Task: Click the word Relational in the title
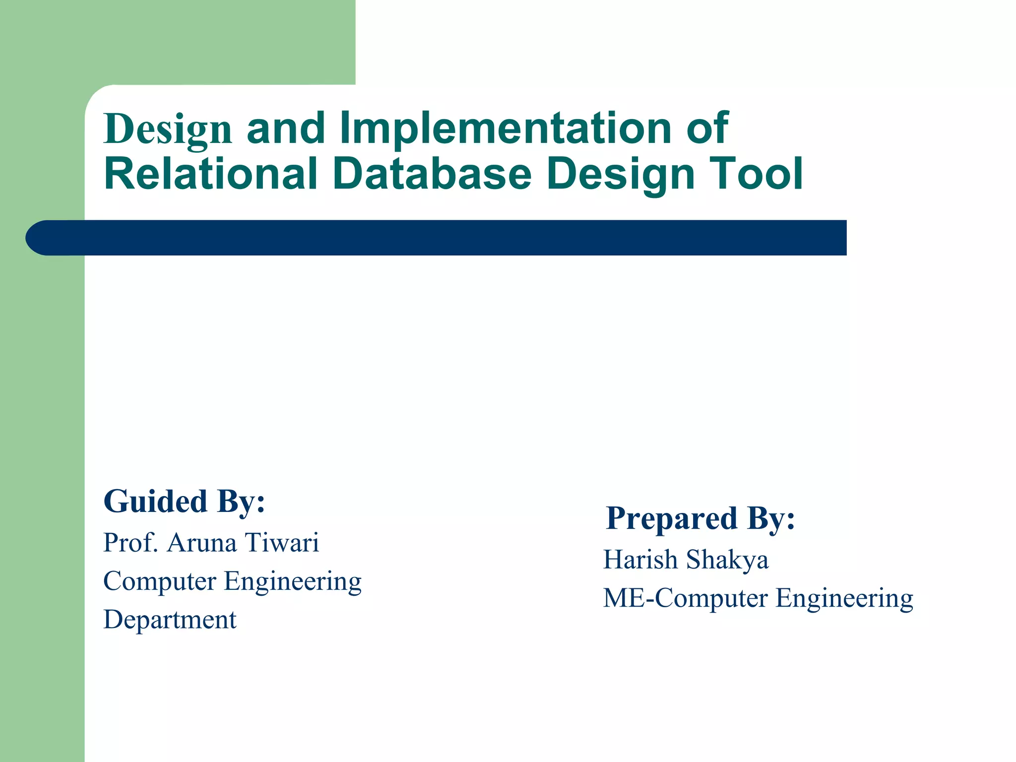210,174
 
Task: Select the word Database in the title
432,174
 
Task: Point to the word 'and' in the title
285,128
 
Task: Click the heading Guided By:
184,501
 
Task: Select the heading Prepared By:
700,518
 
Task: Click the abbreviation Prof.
130,542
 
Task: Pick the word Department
170,620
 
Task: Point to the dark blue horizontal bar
446,238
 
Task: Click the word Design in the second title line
621,175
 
